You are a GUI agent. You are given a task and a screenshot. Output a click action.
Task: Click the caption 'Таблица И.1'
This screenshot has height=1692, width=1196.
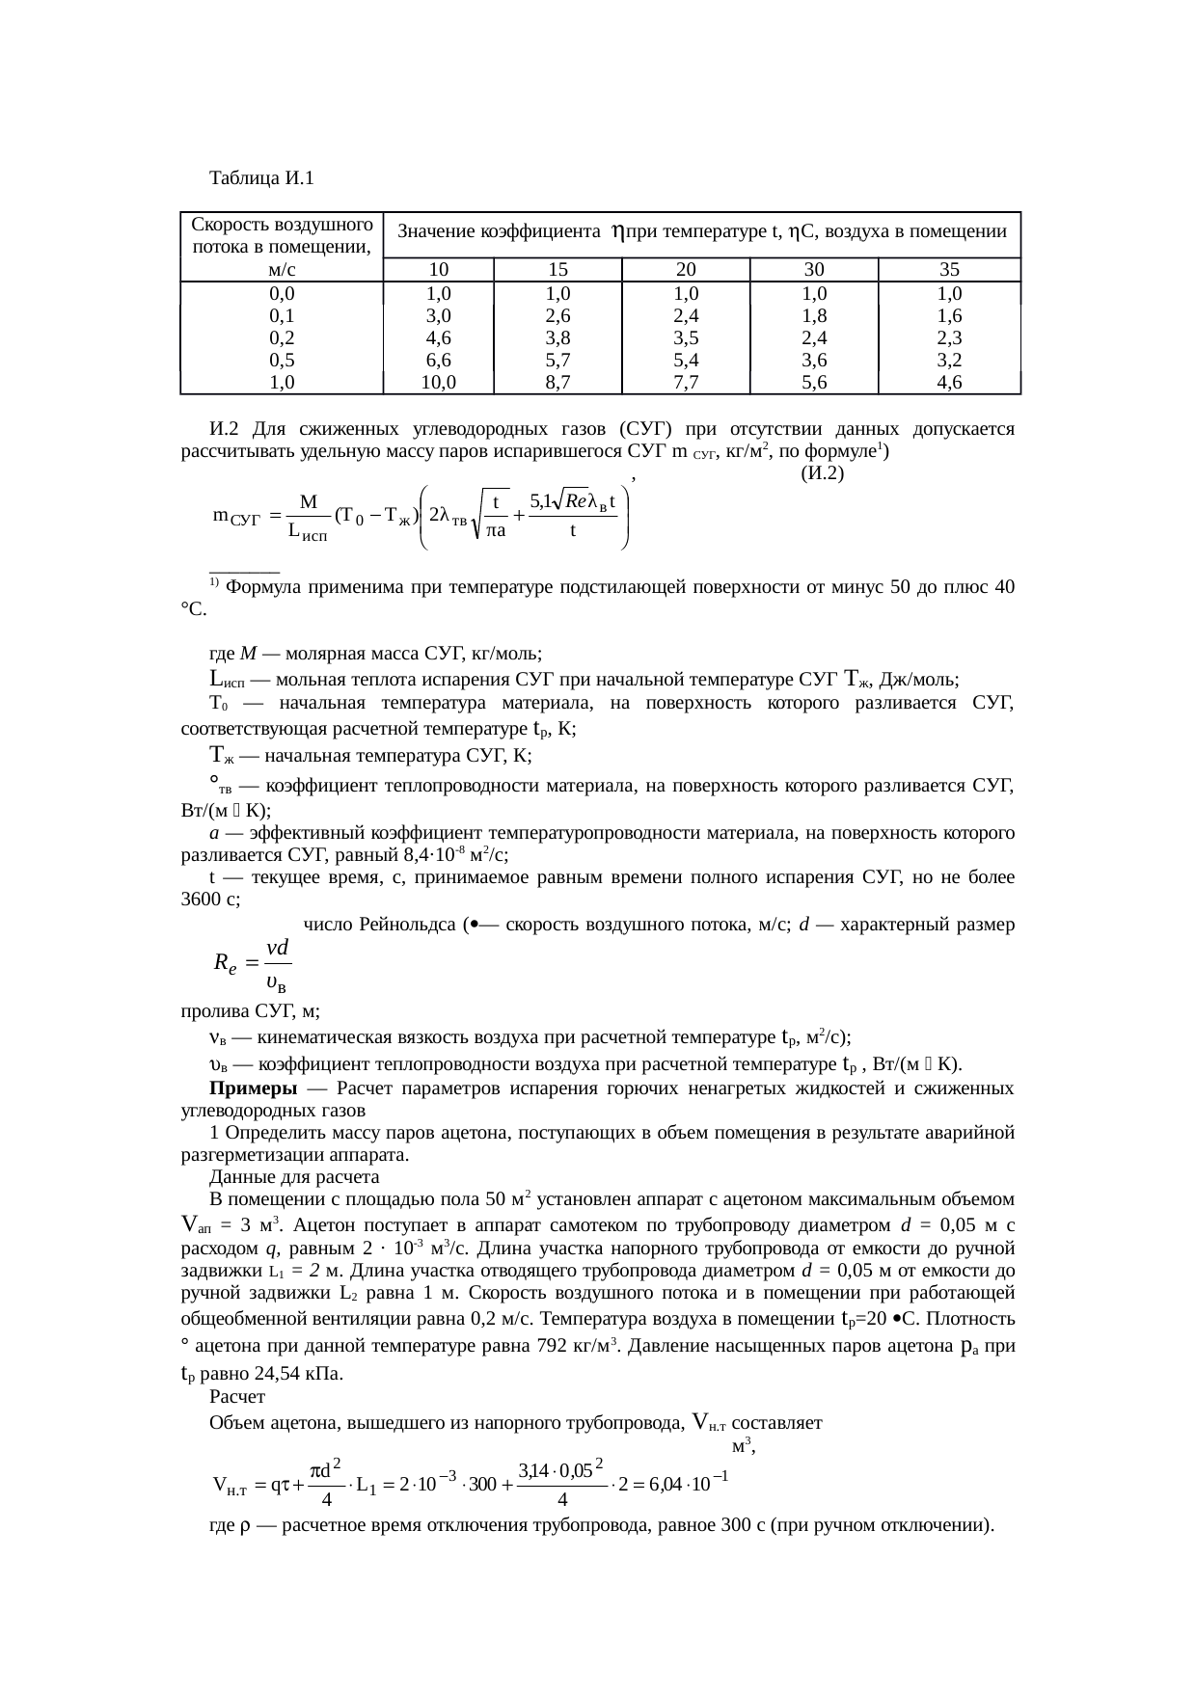261,178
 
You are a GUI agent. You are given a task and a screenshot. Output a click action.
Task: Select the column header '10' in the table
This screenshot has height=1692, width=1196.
438,270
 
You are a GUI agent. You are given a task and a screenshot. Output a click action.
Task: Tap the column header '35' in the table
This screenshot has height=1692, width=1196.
949,270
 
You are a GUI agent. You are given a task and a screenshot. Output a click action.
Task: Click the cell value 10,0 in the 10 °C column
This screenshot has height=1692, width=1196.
438,382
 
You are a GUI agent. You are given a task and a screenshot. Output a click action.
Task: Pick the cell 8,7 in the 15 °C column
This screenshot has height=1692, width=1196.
557,382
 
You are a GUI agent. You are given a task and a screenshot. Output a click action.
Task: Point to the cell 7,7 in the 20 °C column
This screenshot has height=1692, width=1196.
686,382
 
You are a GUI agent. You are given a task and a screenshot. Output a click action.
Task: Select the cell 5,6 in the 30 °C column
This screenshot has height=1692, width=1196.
814,382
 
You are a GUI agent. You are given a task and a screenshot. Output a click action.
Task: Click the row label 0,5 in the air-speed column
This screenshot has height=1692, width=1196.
282,360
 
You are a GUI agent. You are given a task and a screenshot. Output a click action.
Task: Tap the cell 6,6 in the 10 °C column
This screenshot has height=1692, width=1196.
438,360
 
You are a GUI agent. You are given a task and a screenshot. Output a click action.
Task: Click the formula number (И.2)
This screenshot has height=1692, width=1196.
823,473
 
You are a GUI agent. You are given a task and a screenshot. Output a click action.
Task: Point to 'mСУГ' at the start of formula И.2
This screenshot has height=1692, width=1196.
236,518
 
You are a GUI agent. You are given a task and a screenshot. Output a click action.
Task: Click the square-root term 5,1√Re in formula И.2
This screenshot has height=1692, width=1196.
558,500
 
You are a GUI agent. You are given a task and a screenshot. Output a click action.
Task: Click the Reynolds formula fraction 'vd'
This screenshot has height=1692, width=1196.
278,948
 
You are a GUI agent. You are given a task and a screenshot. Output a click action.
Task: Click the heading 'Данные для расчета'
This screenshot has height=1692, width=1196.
294,1177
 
